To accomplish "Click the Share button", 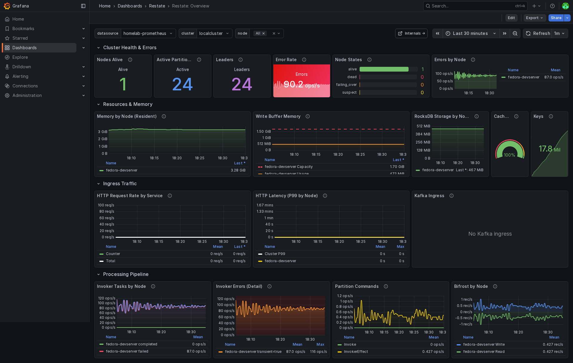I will coord(556,18).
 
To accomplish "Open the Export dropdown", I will coord(534,18).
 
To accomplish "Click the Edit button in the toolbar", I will coord(511,18).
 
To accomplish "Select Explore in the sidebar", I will coord(20,57).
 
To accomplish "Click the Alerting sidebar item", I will coord(20,76).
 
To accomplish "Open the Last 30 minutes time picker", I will coord(470,33).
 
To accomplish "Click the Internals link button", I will coord(411,33).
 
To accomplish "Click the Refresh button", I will coord(538,33).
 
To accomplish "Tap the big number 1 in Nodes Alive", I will coord(123,84).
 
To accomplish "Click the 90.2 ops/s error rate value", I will coord(301,85).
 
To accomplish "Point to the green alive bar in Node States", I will coord(384,69).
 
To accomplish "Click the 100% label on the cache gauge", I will coord(509,155).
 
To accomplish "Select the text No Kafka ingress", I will coord(490,234).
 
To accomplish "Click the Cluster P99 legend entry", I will coord(275,254).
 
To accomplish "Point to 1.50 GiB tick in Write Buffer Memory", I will coord(264,132).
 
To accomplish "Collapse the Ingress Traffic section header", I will coord(120,184).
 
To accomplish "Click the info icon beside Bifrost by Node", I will coord(495,286).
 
